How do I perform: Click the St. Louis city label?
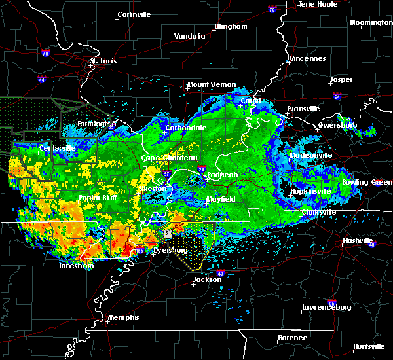[x=103, y=62]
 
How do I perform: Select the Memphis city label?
[x=124, y=317]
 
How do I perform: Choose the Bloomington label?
[x=371, y=22]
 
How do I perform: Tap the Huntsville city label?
[x=369, y=346]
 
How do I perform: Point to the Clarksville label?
[x=320, y=213]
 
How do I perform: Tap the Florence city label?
[x=291, y=338]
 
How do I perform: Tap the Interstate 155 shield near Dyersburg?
[x=140, y=250]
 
